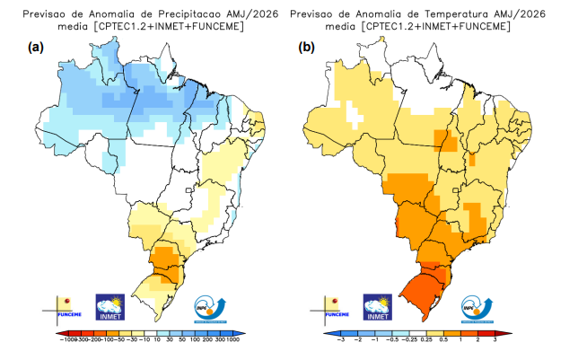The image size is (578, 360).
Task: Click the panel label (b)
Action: pyautogui.click(x=308, y=48)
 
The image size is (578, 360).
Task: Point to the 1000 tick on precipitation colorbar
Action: pyautogui.click(x=232, y=341)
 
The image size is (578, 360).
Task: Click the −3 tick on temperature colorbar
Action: pyautogui.click(x=340, y=341)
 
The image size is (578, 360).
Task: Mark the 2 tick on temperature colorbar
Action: pyautogui.click(x=478, y=341)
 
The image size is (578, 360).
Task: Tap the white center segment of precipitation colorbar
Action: pyautogui.click(x=146, y=332)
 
